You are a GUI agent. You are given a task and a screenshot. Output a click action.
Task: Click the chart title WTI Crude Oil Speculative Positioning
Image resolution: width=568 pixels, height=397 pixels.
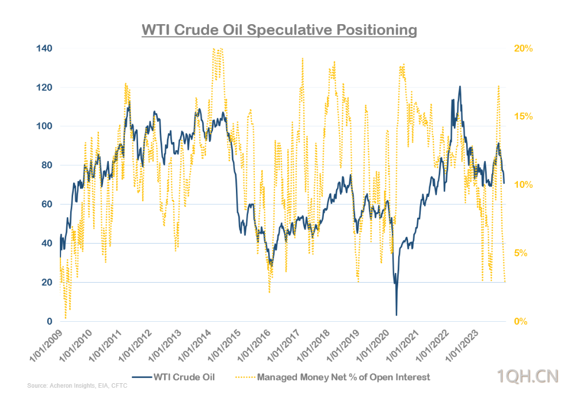[x=279, y=30]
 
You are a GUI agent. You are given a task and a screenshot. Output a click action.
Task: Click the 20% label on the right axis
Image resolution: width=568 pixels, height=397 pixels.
[x=524, y=48]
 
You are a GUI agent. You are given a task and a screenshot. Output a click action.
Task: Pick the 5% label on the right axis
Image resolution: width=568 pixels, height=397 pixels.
[x=521, y=253]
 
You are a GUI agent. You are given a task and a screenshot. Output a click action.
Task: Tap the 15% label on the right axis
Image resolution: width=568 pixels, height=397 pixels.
[x=524, y=117]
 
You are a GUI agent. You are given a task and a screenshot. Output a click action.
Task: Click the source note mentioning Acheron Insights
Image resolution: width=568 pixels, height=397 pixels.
[x=77, y=386]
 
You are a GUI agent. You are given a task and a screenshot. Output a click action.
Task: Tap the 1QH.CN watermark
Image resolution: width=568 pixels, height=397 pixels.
[x=528, y=377]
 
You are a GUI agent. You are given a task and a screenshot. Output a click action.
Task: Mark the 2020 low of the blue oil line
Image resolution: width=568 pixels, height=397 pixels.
[x=397, y=314]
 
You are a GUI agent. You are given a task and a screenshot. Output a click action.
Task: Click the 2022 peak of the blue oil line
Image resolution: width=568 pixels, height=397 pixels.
[x=460, y=87]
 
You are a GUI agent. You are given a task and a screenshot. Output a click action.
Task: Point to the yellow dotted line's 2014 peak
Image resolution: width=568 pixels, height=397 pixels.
[x=216, y=49]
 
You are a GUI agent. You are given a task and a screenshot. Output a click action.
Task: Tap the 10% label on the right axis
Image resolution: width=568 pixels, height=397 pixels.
[x=524, y=185]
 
